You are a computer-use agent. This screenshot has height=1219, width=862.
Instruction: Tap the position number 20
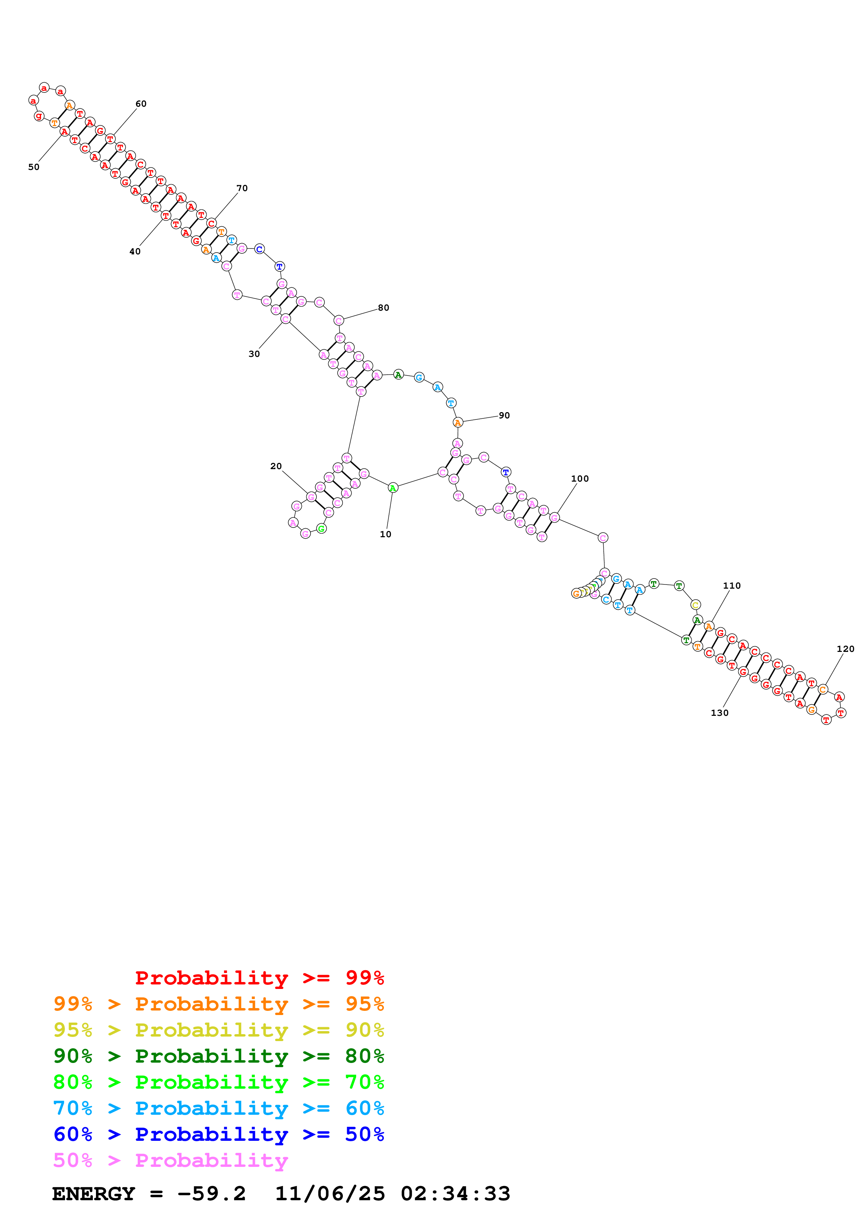click(276, 466)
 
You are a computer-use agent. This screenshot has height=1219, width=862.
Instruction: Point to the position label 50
click(33, 167)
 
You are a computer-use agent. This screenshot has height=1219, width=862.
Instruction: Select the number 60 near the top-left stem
click(141, 104)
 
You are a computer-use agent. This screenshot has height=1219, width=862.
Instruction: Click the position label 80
click(384, 308)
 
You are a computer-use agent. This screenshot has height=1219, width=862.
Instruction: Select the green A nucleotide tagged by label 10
click(393, 488)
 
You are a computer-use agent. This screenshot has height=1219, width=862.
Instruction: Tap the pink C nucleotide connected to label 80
click(339, 321)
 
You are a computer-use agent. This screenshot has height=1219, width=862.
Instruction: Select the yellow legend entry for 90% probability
click(219, 1030)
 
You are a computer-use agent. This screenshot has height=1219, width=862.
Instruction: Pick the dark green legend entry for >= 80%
click(219, 1056)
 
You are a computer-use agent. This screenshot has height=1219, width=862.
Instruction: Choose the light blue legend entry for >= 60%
click(219, 1108)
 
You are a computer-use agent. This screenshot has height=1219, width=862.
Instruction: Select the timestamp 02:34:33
click(455, 1194)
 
